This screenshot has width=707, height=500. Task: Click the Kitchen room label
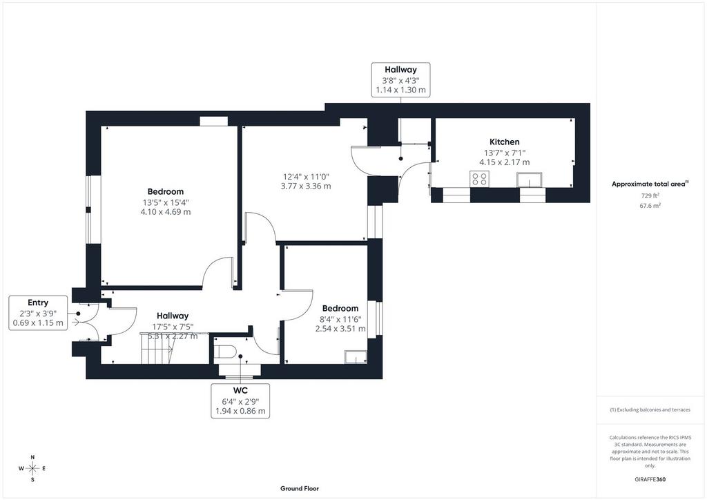[x=505, y=142]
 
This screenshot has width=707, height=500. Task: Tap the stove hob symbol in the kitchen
[x=479, y=179]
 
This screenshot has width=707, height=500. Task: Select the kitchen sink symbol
[x=530, y=180]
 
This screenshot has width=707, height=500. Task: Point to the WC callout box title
[x=240, y=390]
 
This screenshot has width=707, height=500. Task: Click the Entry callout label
[x=38, y=302]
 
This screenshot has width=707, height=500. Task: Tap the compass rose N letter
[x=32, y=457]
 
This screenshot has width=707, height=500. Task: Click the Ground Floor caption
[x=300, y=488]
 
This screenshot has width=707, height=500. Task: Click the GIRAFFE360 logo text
[x=650, y=479]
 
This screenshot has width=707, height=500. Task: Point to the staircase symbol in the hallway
[x=157, y=348]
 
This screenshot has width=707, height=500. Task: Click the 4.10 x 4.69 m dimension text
[x=166, y=212]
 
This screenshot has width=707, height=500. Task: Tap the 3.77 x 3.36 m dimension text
[x=306, y=186]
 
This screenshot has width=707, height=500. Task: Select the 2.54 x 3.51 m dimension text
[x=340, y=328]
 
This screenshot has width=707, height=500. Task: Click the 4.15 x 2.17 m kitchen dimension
[x=505, y=162]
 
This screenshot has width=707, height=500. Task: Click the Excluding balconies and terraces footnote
[x=650, y=410]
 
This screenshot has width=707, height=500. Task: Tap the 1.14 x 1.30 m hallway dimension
[x=401, y=90]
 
